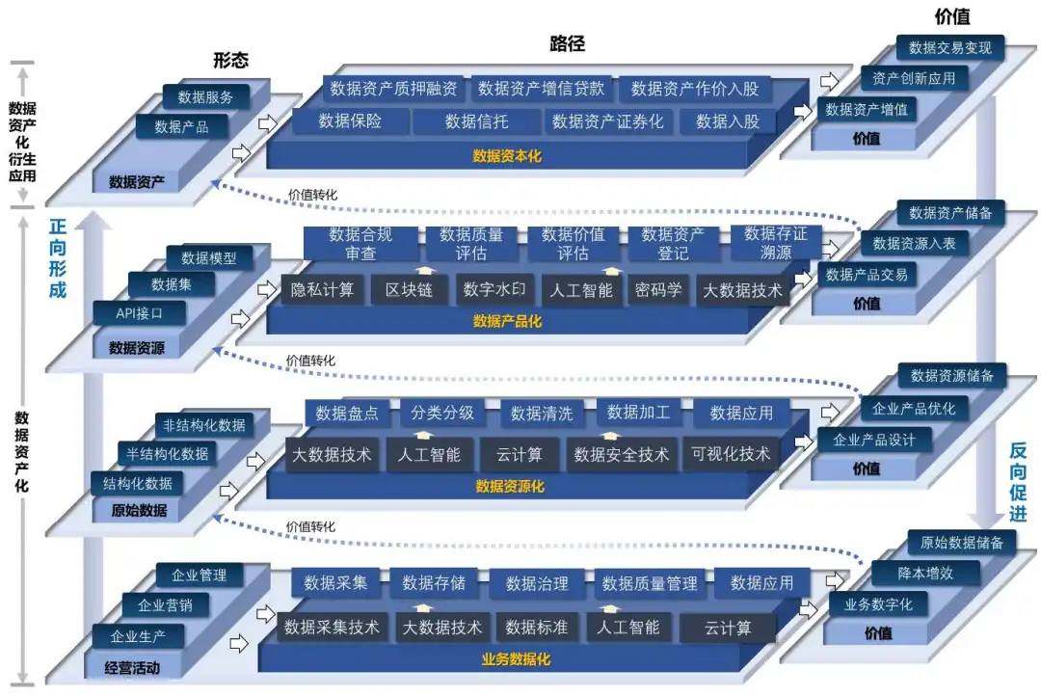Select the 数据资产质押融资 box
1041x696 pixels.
[x=393, y=89]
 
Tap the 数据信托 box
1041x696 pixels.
[x=476, y=121]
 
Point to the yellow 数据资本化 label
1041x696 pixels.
[x=507, y=155]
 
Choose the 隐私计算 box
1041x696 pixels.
[x=322, y=289]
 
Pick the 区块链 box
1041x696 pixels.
[x=409, y=289]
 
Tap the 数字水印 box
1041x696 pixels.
[x=493, y=289]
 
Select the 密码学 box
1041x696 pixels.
[x=658, y=289]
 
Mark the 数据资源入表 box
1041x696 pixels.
[x=914, y=244]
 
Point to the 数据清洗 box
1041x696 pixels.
[x=541, y=414]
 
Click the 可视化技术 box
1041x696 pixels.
[x=731, y=454]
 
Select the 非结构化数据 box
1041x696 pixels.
[x=203, y=425]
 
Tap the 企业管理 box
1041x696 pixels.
[x=199, y=576]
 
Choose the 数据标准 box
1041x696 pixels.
[x=537, y=628]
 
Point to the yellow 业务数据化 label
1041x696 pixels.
[x=516, y=660]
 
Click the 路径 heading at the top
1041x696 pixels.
[x=567, y=43]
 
